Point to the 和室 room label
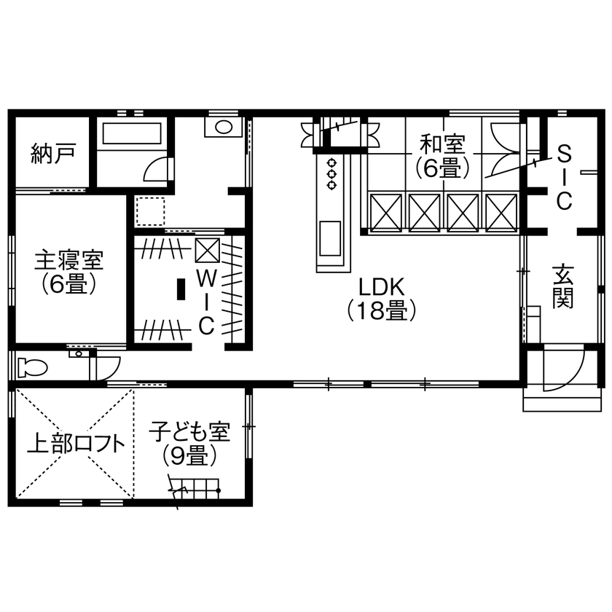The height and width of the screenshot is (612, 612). (442, 145)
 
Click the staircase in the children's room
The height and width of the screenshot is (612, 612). (198, 487)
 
